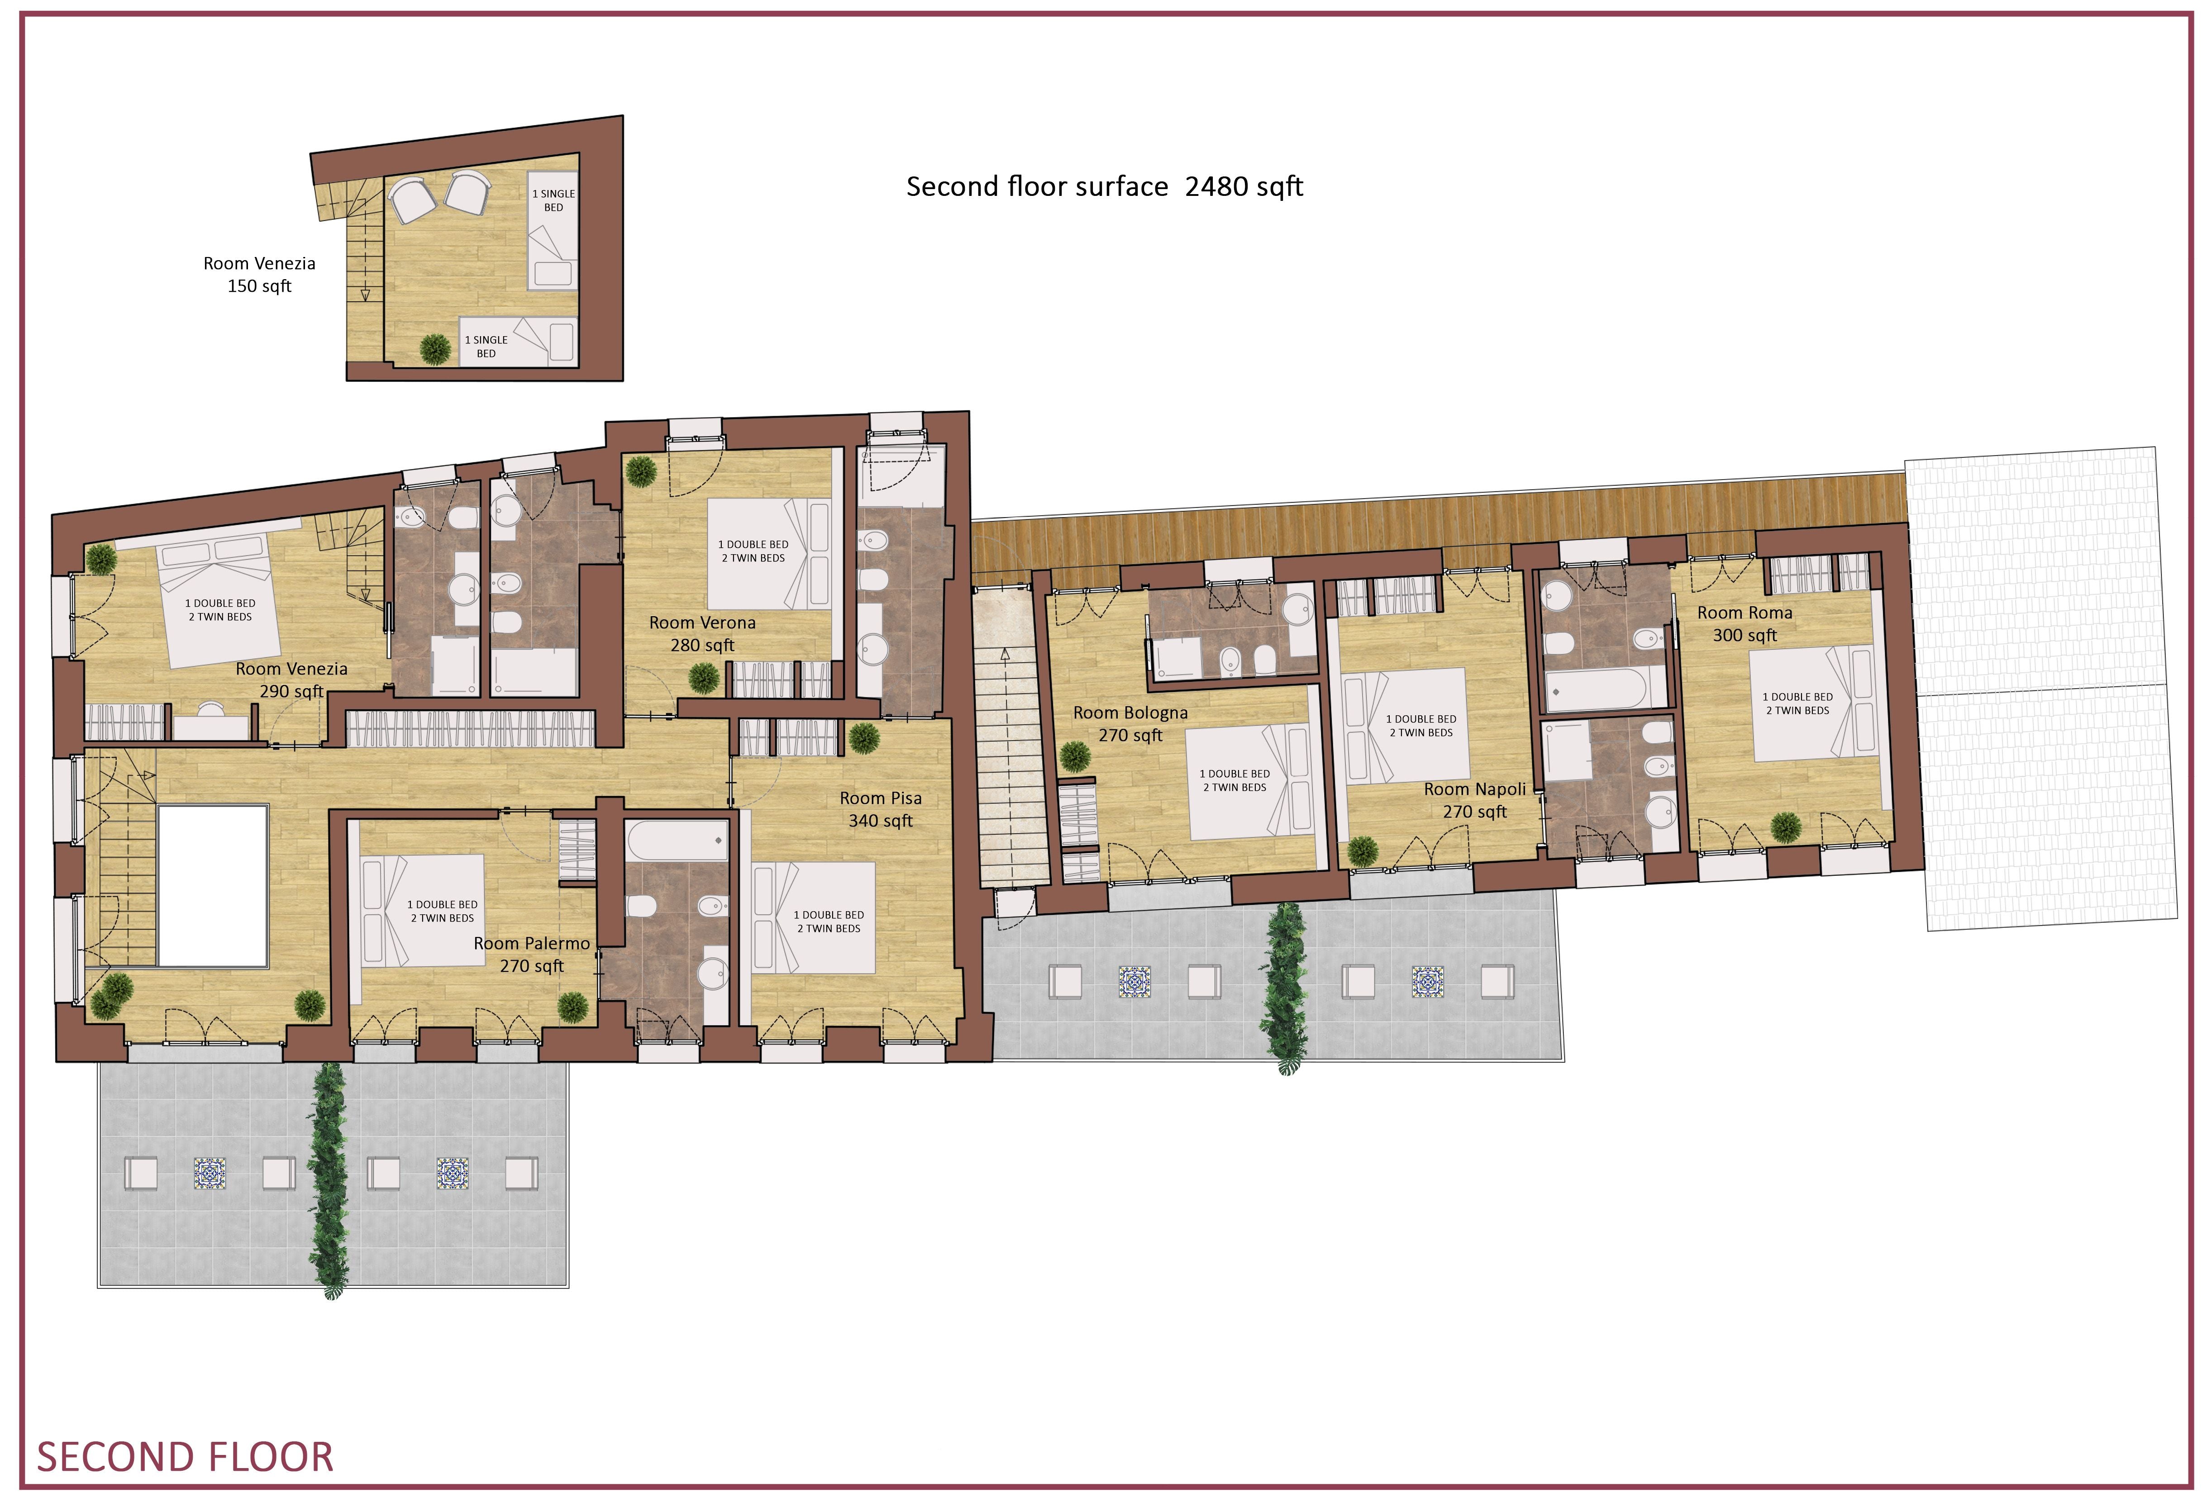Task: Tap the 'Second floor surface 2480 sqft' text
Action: [x=1104, y=186]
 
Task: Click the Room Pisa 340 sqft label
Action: [x=881, y=809]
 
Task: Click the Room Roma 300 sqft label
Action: [x=1745, y=623]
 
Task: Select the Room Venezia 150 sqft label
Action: [x=259, y=274]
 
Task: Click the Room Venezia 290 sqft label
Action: [x=291, y=680]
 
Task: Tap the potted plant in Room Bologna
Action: [x=1075, y=757]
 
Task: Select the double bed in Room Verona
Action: [x=769, y=554]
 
